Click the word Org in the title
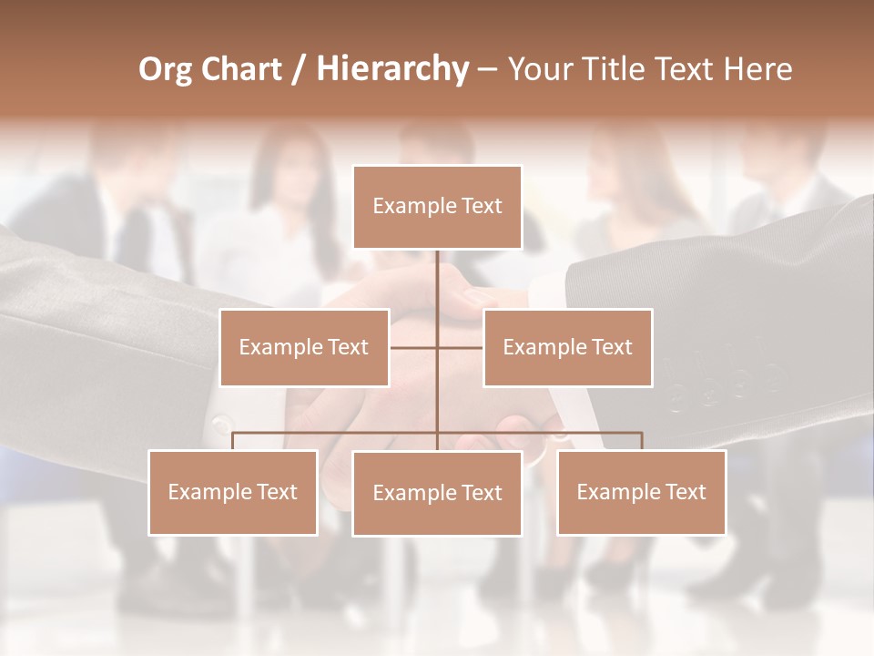(166, 70)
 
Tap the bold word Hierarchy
(392, 69)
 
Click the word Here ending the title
(758, 69)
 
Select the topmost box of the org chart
(437, 207)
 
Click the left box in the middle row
(304, 347)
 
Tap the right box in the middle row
(567, 347)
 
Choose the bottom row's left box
(233, 492)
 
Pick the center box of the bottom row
(437, 493)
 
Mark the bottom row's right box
(641, 492)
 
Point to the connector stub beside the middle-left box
(412, 347)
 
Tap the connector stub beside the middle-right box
(461, 347)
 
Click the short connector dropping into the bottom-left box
(233, 441)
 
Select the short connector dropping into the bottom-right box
(641, 441)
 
